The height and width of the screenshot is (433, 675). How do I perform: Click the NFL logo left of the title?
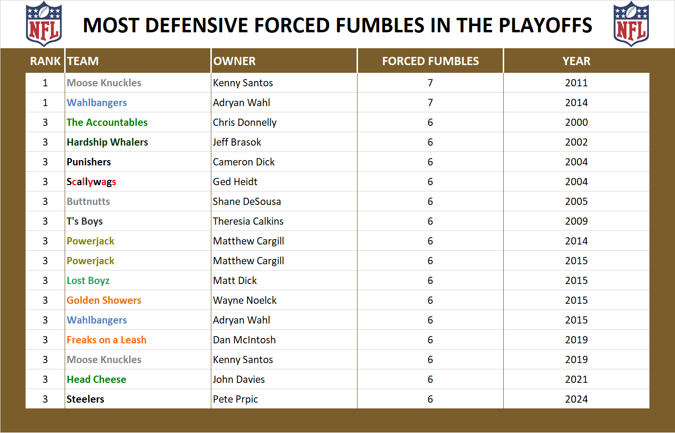[x=44, y=24]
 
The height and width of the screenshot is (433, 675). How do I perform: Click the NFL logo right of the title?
[x=631, y=24]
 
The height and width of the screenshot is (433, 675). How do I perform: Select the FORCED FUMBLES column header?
[x=430, y=61]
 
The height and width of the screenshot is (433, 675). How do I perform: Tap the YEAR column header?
[x=576, y=61]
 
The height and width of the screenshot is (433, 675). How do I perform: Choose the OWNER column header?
[x=234, y=61]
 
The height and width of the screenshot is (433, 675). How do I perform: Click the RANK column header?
[x=45, y=61]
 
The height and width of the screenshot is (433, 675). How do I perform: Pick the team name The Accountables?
[x=107, y=122]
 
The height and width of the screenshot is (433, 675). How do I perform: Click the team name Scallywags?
[x=91, y=182]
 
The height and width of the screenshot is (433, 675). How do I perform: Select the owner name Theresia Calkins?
[x=248, y=221]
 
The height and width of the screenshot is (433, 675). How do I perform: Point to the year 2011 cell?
[x=576, y=83]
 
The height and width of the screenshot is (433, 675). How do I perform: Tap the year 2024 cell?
[x=576, y=399]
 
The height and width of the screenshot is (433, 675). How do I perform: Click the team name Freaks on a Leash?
[x=107, y=340]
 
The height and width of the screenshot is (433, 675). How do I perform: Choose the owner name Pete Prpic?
[x=235, y=399]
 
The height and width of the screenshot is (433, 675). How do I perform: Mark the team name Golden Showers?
[x=104, y=300]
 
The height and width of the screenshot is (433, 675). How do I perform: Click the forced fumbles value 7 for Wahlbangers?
[x=430, y=103]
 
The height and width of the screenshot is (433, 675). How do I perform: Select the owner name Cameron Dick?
[x=244, y=162]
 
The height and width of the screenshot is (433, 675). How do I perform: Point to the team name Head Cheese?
[x=96, y=379]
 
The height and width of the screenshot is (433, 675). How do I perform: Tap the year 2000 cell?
[x=576, y=122]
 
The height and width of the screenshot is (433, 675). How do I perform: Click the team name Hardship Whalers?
[x=107, y=142]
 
